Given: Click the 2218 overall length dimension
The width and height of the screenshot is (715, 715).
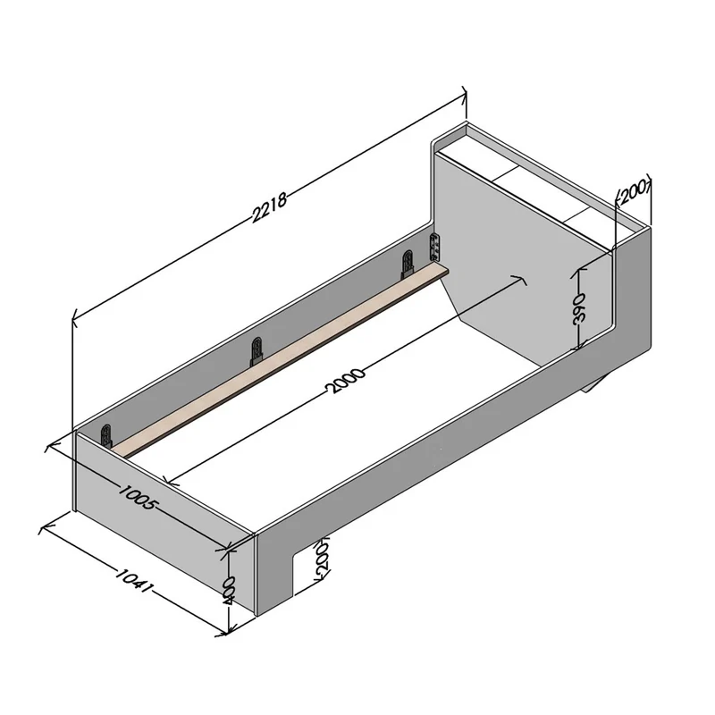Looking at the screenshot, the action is [270, 207].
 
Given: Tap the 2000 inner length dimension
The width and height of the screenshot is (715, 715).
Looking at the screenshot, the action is [345, 381].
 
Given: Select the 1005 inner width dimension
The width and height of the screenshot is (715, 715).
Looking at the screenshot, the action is [139, 497].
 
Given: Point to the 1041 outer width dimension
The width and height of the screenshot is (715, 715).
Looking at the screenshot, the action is [132, 580].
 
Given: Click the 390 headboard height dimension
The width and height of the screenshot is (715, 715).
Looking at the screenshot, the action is [578, 308].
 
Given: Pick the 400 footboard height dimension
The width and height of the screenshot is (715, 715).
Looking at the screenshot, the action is [229, 590].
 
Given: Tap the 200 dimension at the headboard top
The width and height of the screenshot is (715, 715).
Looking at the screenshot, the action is [634, 191].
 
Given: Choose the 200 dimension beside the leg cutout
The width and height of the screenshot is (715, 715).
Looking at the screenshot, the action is [322, 559].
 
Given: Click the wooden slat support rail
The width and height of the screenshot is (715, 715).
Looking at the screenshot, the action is [279, 361].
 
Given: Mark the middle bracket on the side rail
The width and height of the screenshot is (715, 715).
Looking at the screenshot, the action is [257, 351].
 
